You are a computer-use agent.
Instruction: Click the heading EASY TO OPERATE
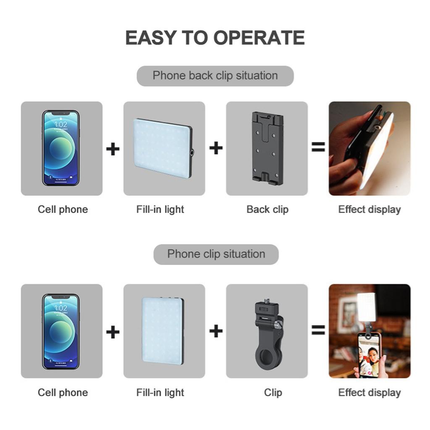(x=215, y=37)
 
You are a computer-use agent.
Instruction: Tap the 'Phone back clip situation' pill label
(x=215, y=76)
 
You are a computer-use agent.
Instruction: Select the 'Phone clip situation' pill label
(x=216, y=254)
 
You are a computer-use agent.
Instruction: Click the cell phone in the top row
(x=61, y=148)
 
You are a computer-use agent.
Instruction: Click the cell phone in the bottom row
(x=61, y=331)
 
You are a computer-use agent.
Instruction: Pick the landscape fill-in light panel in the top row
(x=163, y=148)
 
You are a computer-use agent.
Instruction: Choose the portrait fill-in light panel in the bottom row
(x=163, y=331)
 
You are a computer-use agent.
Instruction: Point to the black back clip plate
(x=267, y=148)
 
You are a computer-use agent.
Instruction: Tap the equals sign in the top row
(x=318, y=147)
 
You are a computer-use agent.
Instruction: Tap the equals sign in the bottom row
(x=318, y=330)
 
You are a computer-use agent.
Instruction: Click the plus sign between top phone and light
(x=113, y=149)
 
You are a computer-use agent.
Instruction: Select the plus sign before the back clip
(x=216, y=148)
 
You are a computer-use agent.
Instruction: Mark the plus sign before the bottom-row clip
(x=216, y=331)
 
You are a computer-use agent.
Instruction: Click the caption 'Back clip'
(x=267, y=210)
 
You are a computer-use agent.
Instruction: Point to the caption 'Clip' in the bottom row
(x=273, y=393)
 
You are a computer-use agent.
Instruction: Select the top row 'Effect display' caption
(x=370, y=210)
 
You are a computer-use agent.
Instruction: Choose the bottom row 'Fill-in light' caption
(x=160, y=393)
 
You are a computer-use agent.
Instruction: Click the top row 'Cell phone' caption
(x=63, y=210)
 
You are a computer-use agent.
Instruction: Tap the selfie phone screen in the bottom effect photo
(x=368, y=356)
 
